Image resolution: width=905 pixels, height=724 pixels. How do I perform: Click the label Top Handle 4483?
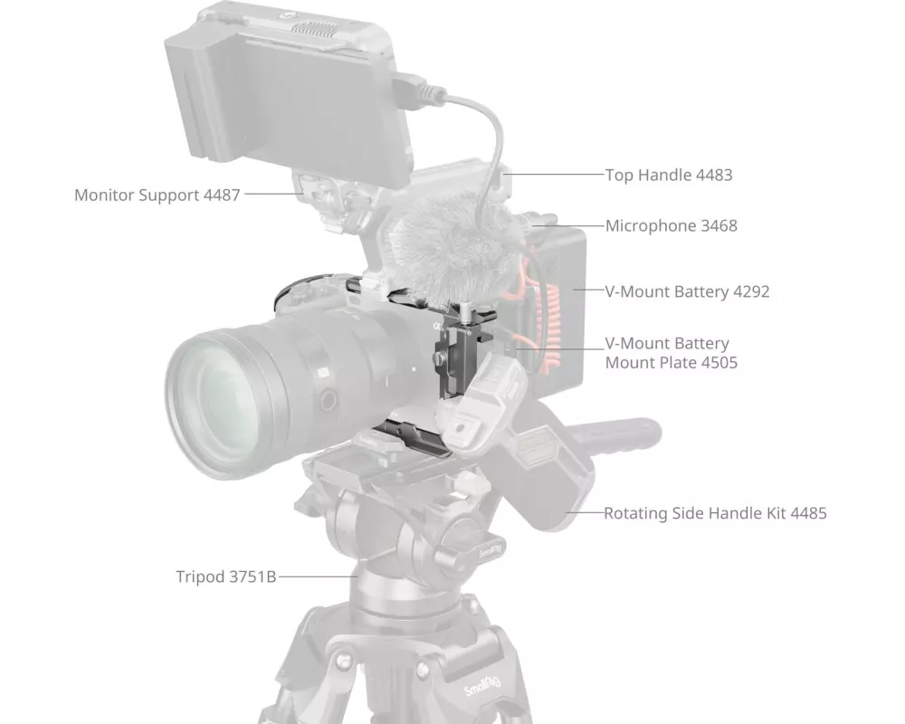[669, 175]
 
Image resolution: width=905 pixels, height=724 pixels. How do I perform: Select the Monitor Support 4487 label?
[157, 195]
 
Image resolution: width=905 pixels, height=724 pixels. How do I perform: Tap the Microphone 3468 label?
[672, 225]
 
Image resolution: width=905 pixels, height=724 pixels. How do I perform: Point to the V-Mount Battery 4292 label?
[688, 291]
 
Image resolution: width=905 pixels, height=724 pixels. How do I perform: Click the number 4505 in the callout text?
[719, 363]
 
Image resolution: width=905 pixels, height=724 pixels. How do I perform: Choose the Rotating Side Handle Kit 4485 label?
[715, 513]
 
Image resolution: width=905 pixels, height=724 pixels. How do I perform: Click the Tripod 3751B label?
[226, 576]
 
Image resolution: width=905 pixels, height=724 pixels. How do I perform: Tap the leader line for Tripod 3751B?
[318, 576]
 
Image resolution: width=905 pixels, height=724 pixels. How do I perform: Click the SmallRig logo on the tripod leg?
[482, 686]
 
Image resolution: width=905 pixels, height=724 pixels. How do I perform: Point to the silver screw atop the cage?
[464, 311]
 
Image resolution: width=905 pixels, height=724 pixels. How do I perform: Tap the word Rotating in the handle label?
[635, 513]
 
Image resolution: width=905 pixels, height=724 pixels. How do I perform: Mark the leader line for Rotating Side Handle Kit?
[584, 512]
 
